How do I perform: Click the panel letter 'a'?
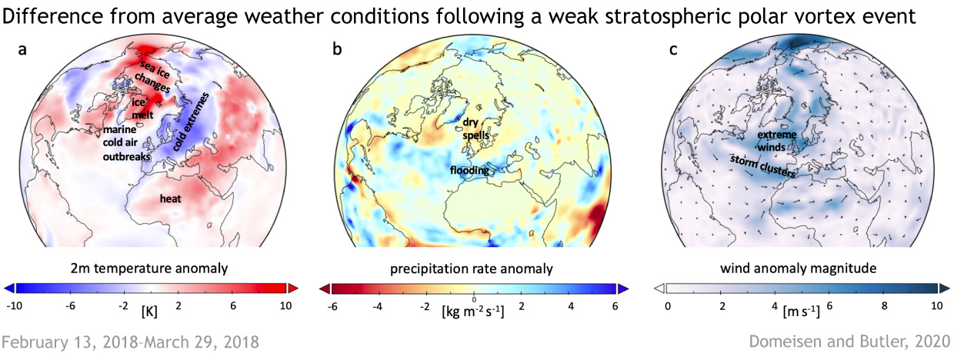(23, 51)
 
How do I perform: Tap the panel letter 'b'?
(337, 51)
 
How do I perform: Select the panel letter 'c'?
(674, 51)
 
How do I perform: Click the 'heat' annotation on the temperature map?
(170, 198)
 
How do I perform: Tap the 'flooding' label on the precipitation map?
(470, 171)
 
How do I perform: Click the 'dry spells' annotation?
(471, 128)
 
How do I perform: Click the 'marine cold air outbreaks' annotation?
(126, 142)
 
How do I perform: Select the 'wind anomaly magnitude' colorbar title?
(803, 268)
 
